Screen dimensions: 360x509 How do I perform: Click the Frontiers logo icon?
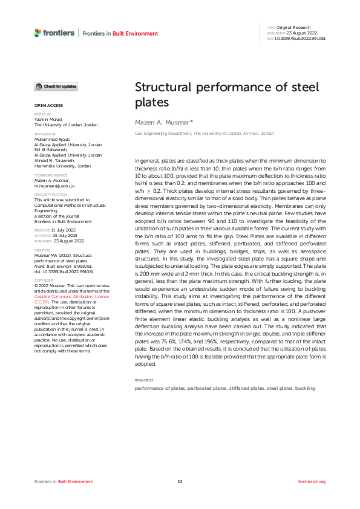click(38, 33)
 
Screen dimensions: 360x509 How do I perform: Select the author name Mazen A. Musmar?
click(163, 122)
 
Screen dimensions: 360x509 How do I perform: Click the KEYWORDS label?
click(143, 380)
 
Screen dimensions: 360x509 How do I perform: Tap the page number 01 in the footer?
click(180, 481)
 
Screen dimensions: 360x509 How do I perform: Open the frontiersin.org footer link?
click(312, 481)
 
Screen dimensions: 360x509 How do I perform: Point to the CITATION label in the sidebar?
click(41, 249)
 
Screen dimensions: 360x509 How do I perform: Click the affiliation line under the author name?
click(204, 133)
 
